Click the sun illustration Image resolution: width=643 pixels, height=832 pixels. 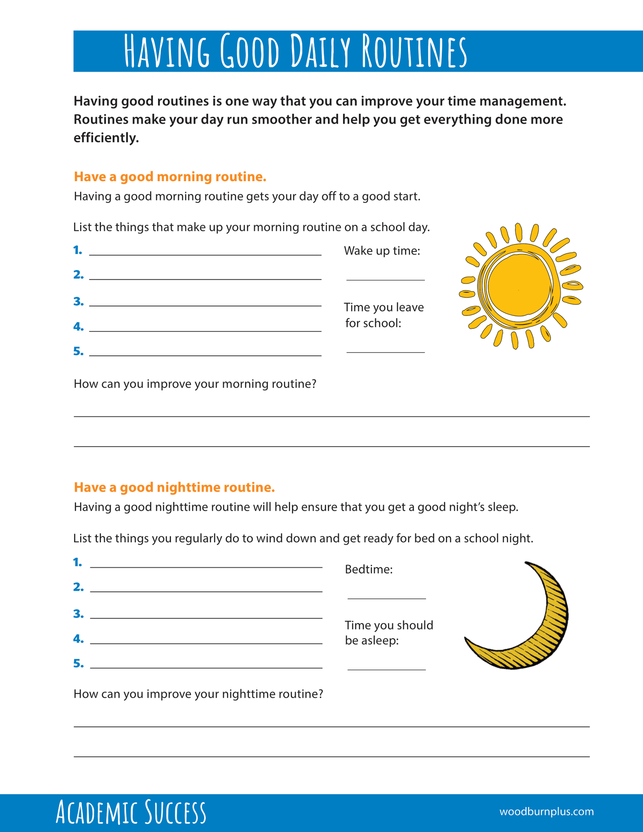click(520, 286)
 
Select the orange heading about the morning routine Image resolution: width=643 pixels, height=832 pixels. click(170, 177)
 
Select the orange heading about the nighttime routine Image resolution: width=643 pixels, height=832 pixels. click(174, 487)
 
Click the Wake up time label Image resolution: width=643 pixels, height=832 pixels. click(382, 251)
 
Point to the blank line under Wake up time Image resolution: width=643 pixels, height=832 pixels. click(385, 279)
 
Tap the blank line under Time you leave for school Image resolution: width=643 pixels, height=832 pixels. click(385, 352)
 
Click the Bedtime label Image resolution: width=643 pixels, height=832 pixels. click(368, 569)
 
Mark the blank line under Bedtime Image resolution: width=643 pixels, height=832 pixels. click(386, 598)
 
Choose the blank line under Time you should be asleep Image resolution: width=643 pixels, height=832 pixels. click(386, 669)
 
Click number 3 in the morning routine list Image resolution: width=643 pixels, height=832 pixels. click(78, 302)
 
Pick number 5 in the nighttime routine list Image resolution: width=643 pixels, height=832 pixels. click(78, 663)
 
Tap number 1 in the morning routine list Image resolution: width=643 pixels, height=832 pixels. click(78, 250)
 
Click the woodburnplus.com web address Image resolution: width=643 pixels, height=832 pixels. click(546, 812)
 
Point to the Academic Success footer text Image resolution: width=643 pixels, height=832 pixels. click(131, 812)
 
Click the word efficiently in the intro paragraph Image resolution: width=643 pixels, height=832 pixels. click(106, 138)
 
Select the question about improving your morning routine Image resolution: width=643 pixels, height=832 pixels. click(195, 384)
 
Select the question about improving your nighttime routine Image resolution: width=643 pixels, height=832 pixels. click(198, 694)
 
